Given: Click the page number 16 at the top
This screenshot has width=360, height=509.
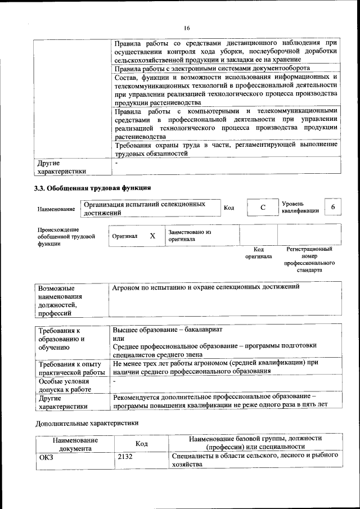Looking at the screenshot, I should [187, 28].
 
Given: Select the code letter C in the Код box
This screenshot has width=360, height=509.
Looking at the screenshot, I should [262, 208].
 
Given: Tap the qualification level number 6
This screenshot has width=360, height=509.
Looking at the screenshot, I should [332, 208].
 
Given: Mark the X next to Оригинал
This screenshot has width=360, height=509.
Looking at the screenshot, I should [152, 236].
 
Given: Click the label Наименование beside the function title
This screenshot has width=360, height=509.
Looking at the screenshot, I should [56, 209].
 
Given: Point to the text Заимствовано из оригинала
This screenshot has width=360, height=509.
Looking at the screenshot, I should [189, 235].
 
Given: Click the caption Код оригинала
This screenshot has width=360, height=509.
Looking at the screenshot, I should [258, 252].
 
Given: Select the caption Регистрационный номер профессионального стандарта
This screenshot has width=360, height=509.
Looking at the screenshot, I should [309, 259].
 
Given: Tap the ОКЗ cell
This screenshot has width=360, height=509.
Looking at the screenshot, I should [46, 457].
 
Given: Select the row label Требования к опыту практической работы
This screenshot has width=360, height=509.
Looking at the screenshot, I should [71, 368].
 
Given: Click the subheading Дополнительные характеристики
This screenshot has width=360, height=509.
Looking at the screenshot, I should [87, 422].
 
